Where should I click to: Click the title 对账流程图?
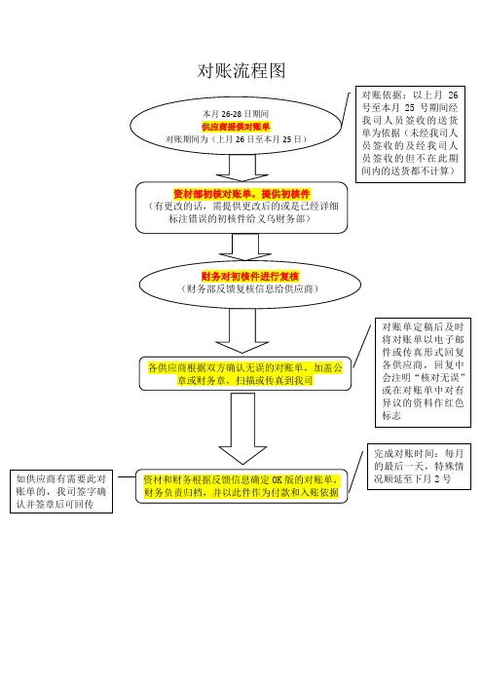tap(241, 71)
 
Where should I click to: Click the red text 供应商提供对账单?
tap(236, 127)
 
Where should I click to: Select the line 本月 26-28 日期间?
tap(236, 114)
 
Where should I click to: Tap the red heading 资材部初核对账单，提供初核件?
tap(241, 194)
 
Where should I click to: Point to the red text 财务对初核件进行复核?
tap(250, 276)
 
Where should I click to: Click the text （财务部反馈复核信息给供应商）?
tap(250, 288)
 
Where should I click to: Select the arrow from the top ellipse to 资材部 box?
tap(241, 168)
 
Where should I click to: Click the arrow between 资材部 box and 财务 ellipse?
tap(245, 247)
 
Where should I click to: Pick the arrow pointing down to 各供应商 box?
tap(241, 330)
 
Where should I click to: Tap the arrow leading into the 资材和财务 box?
tap(242, 429)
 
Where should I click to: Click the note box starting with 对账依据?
tap(410, 134)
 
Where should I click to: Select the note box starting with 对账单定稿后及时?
tap(423, 372)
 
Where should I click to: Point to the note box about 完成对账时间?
tap(419, 467)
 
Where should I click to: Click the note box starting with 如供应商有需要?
tap(61, 492)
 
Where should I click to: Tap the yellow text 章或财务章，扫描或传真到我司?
tap(245, 380)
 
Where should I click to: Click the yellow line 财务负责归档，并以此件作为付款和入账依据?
tap(241, 493)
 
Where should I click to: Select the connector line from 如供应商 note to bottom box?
tap(127, 476)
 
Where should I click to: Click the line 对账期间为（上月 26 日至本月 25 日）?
tap(236, 139)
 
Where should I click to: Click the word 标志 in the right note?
tap(391, 415)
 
